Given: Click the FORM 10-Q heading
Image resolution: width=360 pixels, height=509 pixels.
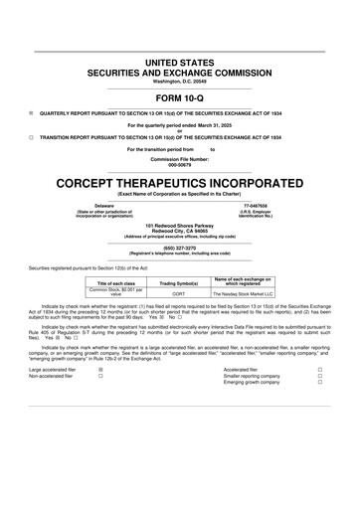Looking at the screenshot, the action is [x=179, y=98].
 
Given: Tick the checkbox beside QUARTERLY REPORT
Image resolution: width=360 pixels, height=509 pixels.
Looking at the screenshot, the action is [x=31, y=113].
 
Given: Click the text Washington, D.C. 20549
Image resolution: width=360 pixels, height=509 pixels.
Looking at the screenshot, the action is [x=179, y=81].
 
